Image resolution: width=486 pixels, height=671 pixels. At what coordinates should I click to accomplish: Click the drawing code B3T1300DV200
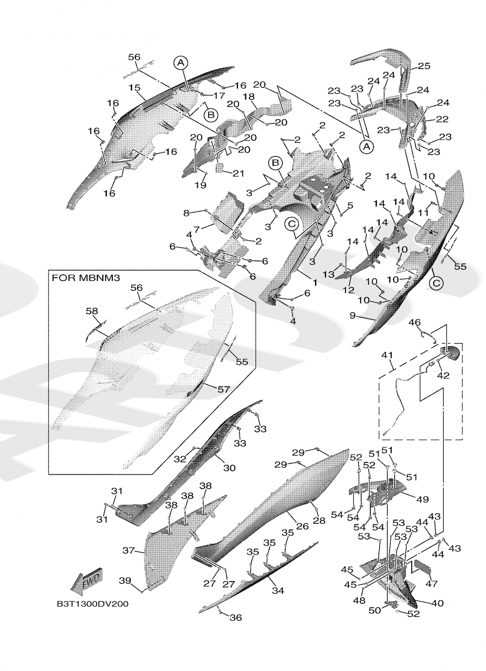pos(92,604)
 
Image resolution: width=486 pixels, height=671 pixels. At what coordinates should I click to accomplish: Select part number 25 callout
pos(424,66)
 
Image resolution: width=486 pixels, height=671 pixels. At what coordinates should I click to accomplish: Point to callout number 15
pos(135,88)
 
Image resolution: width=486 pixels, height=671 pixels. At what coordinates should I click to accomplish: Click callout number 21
pos(239,174)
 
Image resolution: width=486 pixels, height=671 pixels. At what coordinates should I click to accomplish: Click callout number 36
pos(236,618)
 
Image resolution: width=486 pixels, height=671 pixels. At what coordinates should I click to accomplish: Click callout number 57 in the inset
pos(223,389)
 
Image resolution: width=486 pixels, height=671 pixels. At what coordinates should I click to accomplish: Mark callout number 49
pos(422,499)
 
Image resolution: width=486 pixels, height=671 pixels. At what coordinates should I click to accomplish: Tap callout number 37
pos(128,550)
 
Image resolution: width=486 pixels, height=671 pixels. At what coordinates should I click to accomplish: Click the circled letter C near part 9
pos(436,283)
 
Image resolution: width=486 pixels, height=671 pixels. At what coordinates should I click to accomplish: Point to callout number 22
pos(442,119)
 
